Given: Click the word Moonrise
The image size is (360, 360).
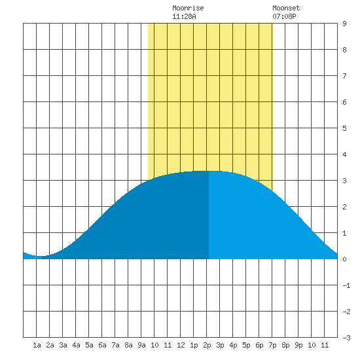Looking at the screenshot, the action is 188,8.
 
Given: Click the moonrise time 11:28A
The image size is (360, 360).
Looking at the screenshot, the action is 184,16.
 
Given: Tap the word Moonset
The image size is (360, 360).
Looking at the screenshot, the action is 286,8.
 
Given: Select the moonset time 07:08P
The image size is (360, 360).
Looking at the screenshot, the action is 284,16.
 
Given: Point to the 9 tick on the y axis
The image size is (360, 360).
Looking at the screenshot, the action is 344,24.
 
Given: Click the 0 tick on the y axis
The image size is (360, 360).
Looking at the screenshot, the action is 344,259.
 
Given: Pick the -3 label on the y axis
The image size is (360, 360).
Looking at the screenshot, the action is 346,338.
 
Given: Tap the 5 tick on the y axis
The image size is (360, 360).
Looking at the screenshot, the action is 344,128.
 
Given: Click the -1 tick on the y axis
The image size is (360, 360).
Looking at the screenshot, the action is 346,285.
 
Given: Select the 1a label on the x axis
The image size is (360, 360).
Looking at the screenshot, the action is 37,345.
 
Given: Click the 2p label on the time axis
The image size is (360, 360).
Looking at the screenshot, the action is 207,345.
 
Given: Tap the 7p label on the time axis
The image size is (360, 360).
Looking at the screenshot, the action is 272,345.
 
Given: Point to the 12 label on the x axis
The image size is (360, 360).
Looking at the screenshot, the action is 181,345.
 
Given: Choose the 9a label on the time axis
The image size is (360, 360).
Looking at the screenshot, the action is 141,345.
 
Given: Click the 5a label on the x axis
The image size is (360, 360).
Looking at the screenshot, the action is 89,345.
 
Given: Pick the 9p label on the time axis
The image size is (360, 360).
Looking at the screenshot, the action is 298,345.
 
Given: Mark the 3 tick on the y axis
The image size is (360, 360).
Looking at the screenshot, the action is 344,181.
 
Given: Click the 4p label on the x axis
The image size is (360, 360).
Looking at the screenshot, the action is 233,345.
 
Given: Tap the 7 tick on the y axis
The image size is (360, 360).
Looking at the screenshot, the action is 344,76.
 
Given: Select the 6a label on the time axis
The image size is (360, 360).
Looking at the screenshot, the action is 102,345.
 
